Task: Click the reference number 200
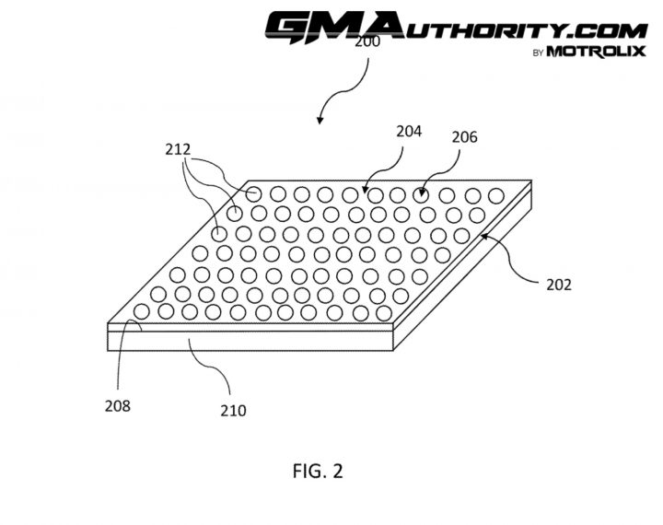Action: [367, 41]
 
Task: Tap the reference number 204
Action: [409, 132]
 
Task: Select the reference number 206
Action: [464, 137]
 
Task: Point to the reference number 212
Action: [178, 149]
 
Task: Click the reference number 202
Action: [559, 285]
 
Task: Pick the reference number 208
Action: [118, 406]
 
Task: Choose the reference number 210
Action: [233, 411]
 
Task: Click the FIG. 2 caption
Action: [318, 471]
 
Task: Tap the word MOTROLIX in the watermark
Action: [597, 52]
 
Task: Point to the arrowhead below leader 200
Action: [320, 121]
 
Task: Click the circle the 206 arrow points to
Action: [420, 195]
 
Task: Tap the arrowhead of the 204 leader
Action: [366, 189]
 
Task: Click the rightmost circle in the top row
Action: [496, 196]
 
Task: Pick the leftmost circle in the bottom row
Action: [142, 312]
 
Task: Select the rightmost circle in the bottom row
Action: [384, 313]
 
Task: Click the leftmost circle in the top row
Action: [253, 194]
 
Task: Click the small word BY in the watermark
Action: [538, 53]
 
